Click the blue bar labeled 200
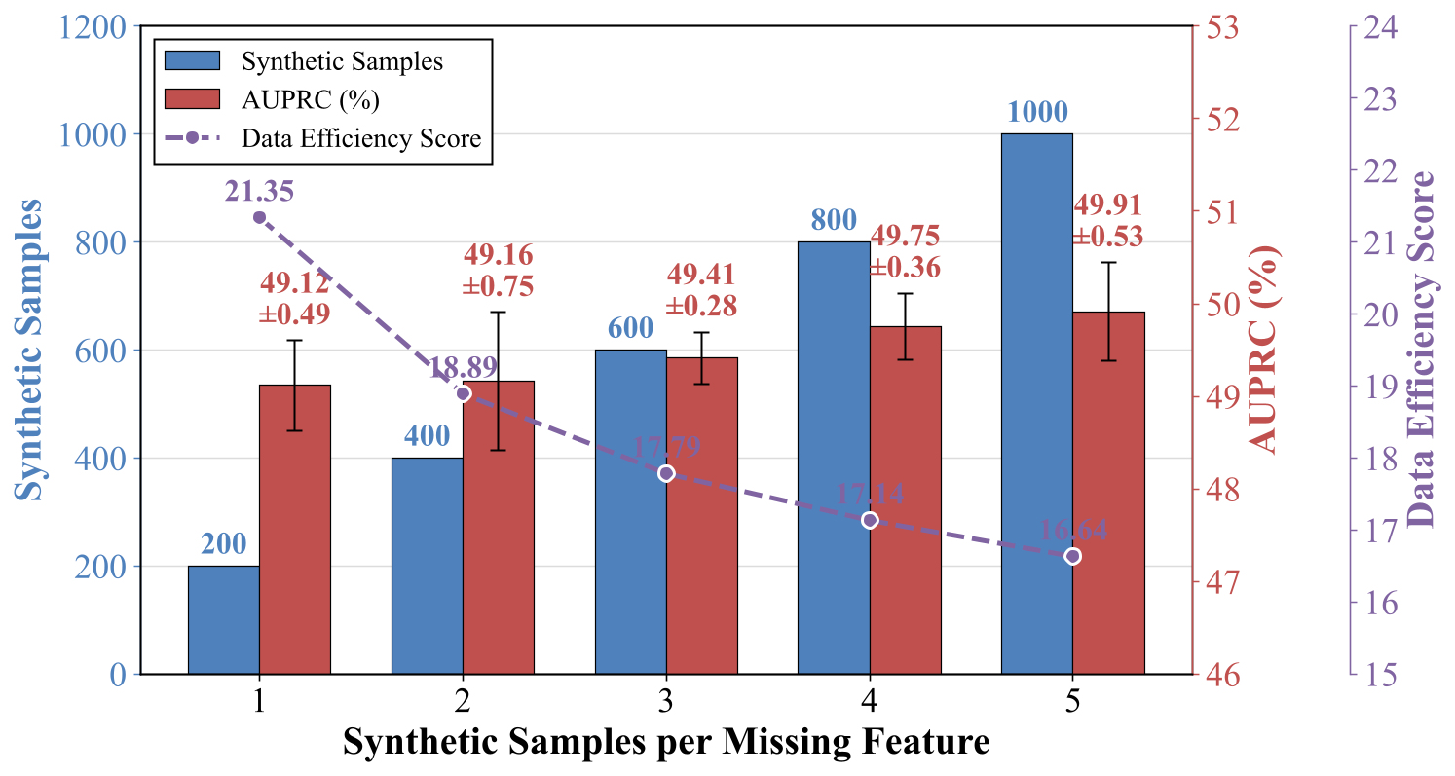click(223, 619)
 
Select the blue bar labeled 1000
click(1036, 403)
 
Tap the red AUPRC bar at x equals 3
click(701, 515)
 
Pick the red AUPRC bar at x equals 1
click(295, 529)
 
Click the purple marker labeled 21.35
click(259, 217)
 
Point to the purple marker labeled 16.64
click(1072, 556)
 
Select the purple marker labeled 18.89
click(463, 393)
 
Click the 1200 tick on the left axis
click(93, 26)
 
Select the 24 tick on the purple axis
click(1383, 26)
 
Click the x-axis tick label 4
click(869, 701)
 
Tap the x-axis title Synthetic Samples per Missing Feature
click(666, 743)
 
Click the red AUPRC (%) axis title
click(1265, 350)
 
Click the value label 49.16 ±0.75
click(498, 270)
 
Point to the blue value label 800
click(834, 222)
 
